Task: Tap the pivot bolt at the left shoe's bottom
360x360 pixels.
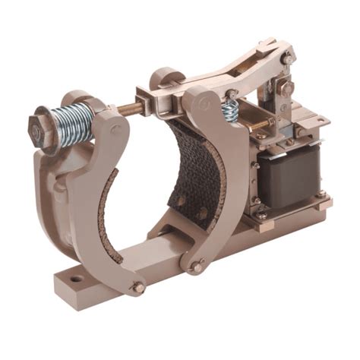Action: coord(137,288)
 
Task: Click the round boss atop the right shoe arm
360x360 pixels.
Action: coord(161,78)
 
